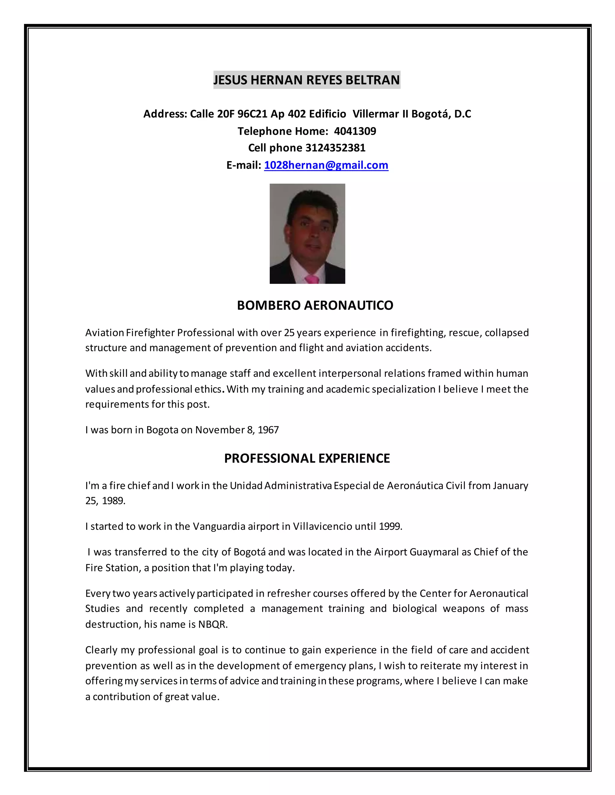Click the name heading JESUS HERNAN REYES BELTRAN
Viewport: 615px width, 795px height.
pos(307,80)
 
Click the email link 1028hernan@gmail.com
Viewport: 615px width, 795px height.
pos(326,165)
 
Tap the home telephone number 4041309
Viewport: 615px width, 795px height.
pos(355,131)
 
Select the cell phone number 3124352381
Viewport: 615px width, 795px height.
pos(335,148)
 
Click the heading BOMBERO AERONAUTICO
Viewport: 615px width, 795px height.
pos(315,305)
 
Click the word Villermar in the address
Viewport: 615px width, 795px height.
pos(376,114)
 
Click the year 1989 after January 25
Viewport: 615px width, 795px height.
pos(113,501)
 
